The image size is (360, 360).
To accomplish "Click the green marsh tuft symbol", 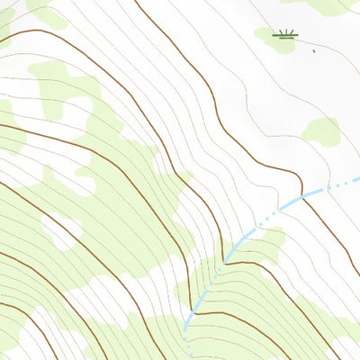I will click(x=286, y=35).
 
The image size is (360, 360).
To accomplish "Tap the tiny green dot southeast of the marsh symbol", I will click(x=314, y=51).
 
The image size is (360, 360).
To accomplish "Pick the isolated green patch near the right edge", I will click(x=321, y=131).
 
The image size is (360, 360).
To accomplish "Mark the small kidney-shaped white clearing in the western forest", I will click(x=60, y=232).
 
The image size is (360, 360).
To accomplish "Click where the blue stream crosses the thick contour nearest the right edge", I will click(x=303, y=196).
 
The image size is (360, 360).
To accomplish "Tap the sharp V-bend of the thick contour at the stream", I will click(x=222, y=262).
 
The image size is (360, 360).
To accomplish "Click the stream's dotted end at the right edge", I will click(x=356, y=181).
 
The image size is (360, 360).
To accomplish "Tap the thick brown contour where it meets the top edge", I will click(x=136, y=2).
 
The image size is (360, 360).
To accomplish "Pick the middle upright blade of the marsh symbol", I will click(x=286, y=33).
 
